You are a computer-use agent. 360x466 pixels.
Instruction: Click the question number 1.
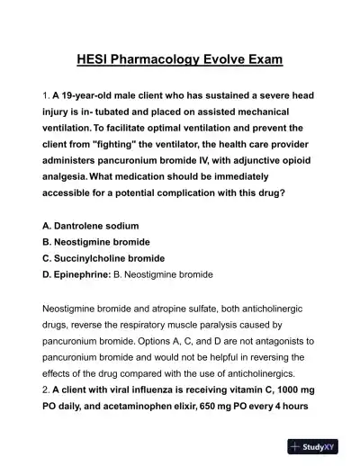click(46, 95)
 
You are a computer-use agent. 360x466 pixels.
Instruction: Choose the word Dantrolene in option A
click(87, 226)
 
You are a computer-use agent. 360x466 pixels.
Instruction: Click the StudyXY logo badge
click(319, 446)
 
